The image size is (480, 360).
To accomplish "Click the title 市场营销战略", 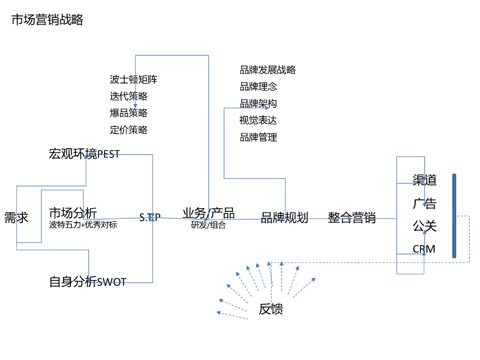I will [x=47, y=20].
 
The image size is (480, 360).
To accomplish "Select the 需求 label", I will [x=16, y=217].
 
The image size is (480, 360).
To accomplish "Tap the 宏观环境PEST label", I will [x=84, y=154].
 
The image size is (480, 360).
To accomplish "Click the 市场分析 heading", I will [x=73, y=213].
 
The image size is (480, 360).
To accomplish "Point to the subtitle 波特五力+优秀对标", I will [x=83, y=225].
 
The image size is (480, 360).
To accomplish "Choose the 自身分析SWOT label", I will [x=88, y=282].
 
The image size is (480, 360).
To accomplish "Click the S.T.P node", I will [x=150, y=217].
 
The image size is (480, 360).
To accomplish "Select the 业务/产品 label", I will [x=209, y=213].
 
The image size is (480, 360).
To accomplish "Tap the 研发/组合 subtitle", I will [x=209, y=225].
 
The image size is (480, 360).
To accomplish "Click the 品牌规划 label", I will [x=285, y=217].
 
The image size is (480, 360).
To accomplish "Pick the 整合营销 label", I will [x=352, y=217].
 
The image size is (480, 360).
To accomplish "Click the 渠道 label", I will [x=425, y=180].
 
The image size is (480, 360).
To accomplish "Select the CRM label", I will [x=424, y=249].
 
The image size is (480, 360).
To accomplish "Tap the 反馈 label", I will [x=271, y=309].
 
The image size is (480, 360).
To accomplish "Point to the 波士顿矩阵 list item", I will [x=134, y=80].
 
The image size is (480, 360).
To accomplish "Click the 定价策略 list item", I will [x=128, y=130].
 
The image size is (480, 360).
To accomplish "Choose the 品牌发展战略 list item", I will [x=268, y=70].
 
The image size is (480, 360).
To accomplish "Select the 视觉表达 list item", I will [x=258, y=120].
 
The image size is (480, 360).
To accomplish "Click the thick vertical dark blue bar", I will [x=454, y=216].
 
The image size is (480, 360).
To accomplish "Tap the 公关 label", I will [x=425, y=226].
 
